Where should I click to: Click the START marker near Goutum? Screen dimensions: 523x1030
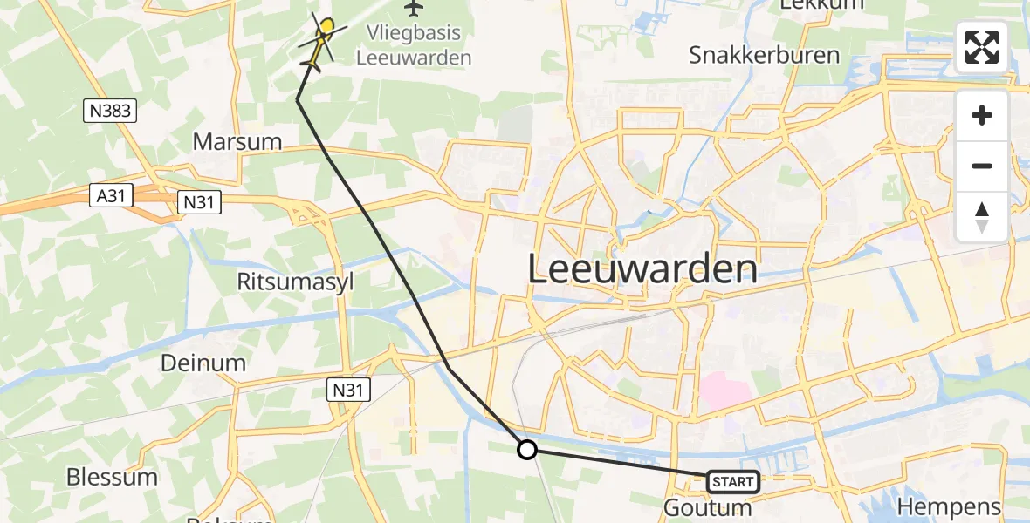pos(732,481)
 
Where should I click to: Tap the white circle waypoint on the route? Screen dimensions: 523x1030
pos(526,450)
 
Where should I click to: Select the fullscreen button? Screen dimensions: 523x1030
pos(981,47)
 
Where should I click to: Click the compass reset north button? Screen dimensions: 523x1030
pos(981,217)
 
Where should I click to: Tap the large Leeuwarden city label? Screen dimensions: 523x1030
pos(642,269)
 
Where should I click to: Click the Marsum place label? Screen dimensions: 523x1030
pos(237,141)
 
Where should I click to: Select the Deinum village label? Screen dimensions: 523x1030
pos(203,363)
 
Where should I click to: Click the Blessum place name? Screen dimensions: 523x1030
pos(112,477)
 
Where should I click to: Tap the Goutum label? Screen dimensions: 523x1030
pos(708,507)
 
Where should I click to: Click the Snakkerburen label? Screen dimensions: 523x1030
pos(764,56)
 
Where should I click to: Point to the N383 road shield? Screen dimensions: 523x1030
pos(111,111)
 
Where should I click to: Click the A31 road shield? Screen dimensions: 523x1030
pos(110,197)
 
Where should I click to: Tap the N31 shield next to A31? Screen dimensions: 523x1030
pos(199,203)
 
